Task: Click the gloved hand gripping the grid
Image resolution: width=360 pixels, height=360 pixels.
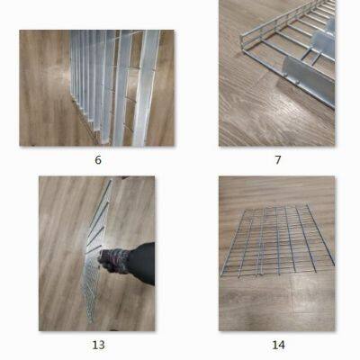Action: [x=112, y=262]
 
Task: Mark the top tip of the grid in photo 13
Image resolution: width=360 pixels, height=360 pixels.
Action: [x=110, y=183]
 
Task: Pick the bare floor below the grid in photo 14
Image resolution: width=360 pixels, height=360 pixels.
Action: [x=279, y=306]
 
